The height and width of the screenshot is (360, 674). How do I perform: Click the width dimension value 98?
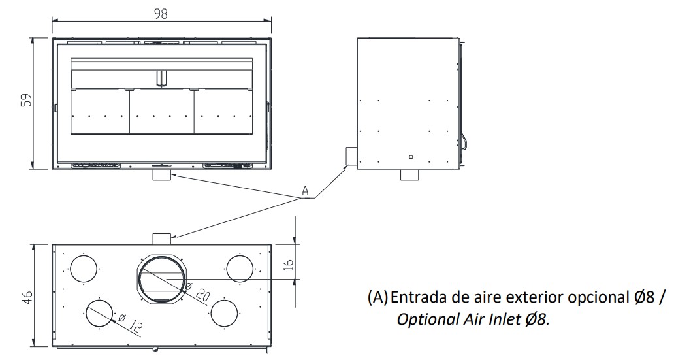(161, 14)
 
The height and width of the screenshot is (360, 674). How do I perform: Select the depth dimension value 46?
(27, 297)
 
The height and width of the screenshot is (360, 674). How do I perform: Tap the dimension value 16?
(288, 264)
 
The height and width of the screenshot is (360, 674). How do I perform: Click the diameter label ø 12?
(129, 322)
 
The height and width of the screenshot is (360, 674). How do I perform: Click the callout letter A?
(304, 191)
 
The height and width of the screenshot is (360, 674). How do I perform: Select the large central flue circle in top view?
(161, 278)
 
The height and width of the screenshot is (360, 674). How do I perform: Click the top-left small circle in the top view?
(83, 269)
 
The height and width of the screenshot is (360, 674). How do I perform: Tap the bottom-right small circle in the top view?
(224, 312)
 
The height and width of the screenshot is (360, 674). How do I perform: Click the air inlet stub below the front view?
(161, 175)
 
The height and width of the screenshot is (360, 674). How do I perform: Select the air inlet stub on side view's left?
(351, 156)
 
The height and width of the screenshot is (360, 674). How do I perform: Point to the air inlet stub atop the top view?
(161, 238)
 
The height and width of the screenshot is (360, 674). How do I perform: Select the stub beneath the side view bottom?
(409, 175)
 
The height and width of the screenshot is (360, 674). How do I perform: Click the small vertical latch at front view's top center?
(161, 78)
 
